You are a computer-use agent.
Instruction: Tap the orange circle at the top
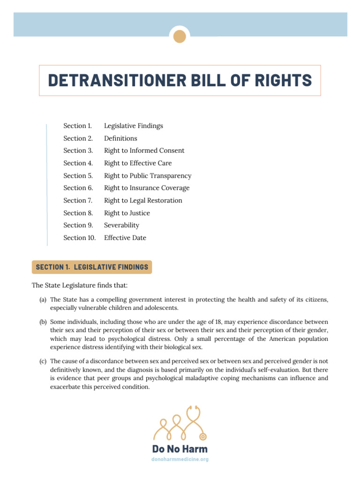pos(180,36)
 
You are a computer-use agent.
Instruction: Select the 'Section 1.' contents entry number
pos(78,126)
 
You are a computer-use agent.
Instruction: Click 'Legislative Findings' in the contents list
pos(133,126)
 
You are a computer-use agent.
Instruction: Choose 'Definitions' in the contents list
pos(120,138)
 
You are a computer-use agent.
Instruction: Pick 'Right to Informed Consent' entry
pos(144,150)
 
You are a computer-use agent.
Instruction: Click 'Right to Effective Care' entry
pos(138,163)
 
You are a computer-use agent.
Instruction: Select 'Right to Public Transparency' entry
pos(148,176)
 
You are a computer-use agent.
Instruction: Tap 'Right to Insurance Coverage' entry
pos(147,188)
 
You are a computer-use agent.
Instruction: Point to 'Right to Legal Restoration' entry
pos(143,201)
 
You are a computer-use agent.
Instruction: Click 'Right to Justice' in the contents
pos(127,213)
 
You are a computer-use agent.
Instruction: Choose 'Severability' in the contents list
pos(121,225)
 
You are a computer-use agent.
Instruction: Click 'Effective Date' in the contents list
pos(125,238)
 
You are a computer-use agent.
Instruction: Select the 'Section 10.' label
pos(80,238)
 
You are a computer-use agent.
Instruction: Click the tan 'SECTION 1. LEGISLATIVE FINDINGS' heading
pos(92,267)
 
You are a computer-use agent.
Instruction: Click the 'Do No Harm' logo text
pos(180,449)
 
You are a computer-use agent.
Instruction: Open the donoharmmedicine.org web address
pos(180,459)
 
